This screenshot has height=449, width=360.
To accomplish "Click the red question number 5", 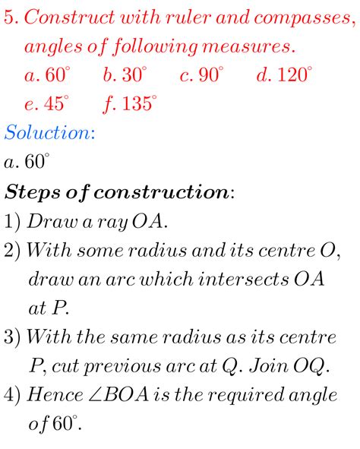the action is pos(11,18).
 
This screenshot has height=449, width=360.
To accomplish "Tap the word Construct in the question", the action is pos(65,18).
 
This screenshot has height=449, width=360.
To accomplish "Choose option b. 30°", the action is pos(125,75).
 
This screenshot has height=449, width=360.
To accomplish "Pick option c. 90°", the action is pos(202,75).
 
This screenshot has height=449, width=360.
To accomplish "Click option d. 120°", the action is pos(284,75).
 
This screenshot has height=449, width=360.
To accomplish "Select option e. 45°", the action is pos(47,104).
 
